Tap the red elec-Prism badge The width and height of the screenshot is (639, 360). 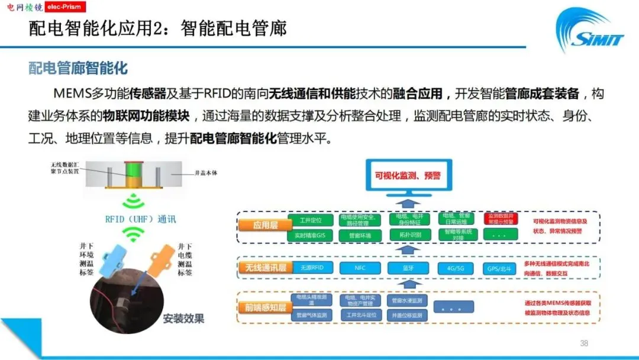66,7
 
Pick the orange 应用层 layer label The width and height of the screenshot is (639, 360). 257,226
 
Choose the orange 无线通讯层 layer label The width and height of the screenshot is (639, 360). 262,268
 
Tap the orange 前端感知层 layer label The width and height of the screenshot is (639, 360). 262,307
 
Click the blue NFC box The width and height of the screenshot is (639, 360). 360,268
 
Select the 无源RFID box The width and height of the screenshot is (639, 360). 312,268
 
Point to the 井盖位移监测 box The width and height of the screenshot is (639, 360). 407,316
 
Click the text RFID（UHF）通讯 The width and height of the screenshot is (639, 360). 140,218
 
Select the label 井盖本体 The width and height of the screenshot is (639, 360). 208,173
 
